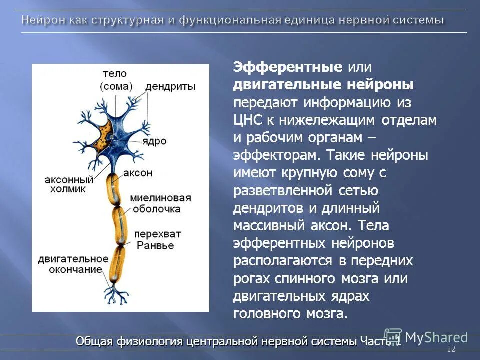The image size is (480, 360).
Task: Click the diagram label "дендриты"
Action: tap(170, 86)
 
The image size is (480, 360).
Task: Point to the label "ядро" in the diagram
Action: tap(156, 141)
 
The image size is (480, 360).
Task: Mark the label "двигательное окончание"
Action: tap(73, 264)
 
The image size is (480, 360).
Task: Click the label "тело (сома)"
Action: tap(116, 79)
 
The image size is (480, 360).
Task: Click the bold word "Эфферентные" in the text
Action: tap(288, 67)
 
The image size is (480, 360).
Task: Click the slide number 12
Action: tap(451, 349)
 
